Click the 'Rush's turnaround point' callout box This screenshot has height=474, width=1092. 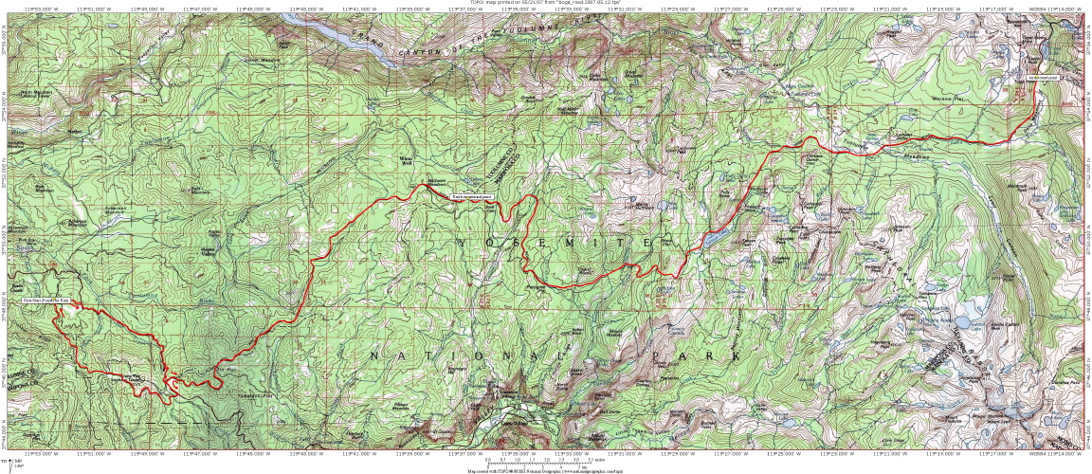coord(472,196)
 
